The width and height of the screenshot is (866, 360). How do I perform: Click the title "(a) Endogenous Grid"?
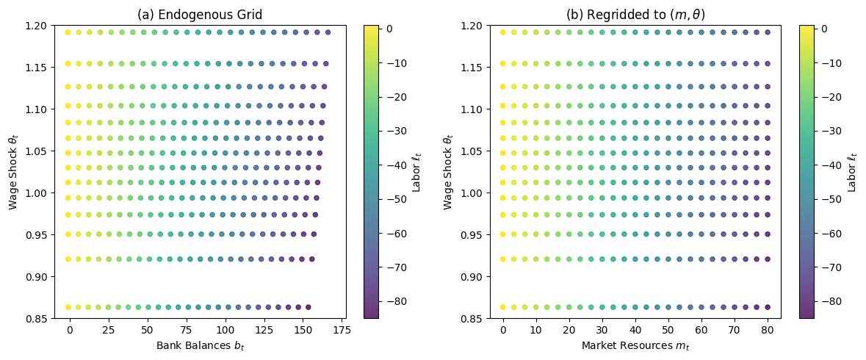[199, 14]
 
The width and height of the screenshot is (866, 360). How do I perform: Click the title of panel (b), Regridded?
[635, 14]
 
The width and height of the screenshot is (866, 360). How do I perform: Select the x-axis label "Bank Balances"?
[199, 346]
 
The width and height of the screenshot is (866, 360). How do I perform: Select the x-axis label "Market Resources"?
[635, 346]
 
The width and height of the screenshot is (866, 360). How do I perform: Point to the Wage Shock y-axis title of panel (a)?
[13, 171]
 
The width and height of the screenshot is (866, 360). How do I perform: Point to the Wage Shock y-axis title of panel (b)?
[448, 171]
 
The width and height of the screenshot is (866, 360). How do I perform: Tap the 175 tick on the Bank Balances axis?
[341, 331]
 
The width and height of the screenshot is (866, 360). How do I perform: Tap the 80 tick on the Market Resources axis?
[768, 331]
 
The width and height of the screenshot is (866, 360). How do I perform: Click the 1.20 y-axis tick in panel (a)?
[35, 26]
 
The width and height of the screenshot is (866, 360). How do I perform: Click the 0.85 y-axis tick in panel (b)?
[470, 319]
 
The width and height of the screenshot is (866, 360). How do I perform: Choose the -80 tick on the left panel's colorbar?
[394, 301]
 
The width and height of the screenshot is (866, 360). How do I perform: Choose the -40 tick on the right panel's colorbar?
[829, 165]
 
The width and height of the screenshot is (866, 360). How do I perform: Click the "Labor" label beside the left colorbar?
[416, 171]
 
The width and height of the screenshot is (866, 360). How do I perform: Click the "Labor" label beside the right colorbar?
[852, 171]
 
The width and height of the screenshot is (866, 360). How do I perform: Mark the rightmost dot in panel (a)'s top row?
[328, 32]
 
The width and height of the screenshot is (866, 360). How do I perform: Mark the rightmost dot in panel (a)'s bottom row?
[308, 307]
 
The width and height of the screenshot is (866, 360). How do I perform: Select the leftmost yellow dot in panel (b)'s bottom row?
[503, 307]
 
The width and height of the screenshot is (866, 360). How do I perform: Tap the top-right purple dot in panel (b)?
[768, 32]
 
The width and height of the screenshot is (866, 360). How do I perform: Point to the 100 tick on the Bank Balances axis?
[224, 331]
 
